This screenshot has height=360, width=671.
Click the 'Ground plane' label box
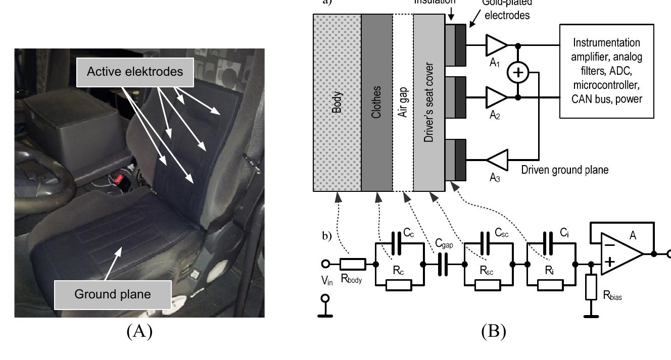tap(112, 294)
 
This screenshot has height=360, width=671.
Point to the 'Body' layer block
tap(337, 102)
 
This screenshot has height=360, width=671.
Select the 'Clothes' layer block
tap(377, 102)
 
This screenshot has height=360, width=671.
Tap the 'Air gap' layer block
tap(403, 102)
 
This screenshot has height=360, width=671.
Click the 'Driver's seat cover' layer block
tap(429, 102)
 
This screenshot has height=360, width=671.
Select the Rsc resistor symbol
tap(488, 284)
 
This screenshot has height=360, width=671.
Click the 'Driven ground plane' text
tap(565, 170)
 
